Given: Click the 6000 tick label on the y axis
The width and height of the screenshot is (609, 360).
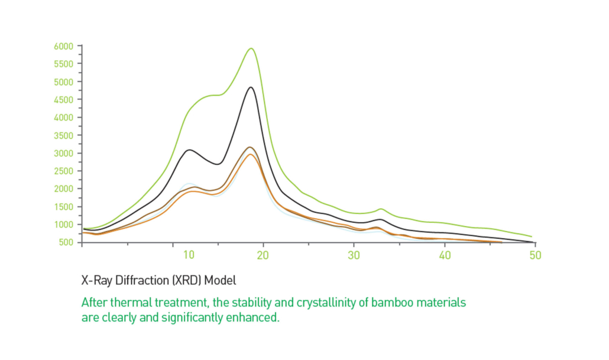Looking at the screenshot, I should click(x=64, y=46).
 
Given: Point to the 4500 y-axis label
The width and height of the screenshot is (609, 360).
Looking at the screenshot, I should click(x=64, y=99).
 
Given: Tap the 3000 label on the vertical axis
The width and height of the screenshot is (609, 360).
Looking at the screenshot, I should click(x=64, y=153).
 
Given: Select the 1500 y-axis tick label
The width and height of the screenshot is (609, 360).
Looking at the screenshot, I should click(x=64, y=206).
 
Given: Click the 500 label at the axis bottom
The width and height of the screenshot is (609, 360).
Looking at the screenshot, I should click(x=66, y=242).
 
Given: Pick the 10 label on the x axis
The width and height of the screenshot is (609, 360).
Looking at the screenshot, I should click(x=188, y=255).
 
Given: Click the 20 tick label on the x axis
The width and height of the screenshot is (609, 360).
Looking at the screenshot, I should click(x=263, y=255).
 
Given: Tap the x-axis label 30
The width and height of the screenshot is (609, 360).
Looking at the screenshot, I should click(x=354, y=255).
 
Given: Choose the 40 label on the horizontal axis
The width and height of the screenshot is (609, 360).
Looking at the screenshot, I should click(x=444, y=255).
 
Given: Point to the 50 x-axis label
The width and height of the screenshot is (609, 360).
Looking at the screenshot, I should click(x=535, y=255).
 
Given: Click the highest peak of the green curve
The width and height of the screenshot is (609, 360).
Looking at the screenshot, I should click(x=251, y=48).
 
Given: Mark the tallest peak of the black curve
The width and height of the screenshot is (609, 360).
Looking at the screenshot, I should click(x=250, y=87).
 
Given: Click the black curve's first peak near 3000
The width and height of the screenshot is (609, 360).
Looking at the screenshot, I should click(x=189, y=150).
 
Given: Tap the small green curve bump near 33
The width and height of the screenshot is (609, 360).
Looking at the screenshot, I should click(x=381, y=209).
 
